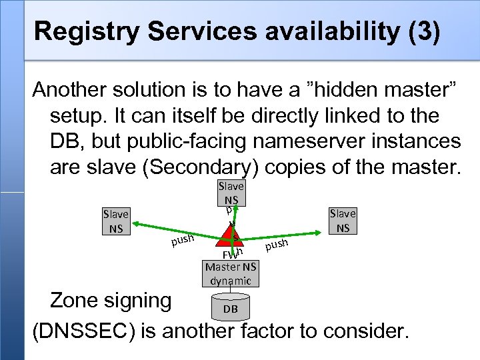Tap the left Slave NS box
[x=115, y=221]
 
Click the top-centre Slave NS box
[x=231, y=193]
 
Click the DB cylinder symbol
[x=230, y=308]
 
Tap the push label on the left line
[x=181, y=239]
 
